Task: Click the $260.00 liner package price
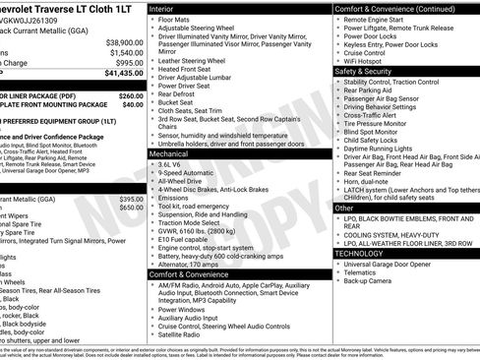point(130,95)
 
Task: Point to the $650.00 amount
point(131,208)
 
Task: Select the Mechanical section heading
point(176,153)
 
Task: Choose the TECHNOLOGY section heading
point(366,253)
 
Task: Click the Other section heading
point(344,208)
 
